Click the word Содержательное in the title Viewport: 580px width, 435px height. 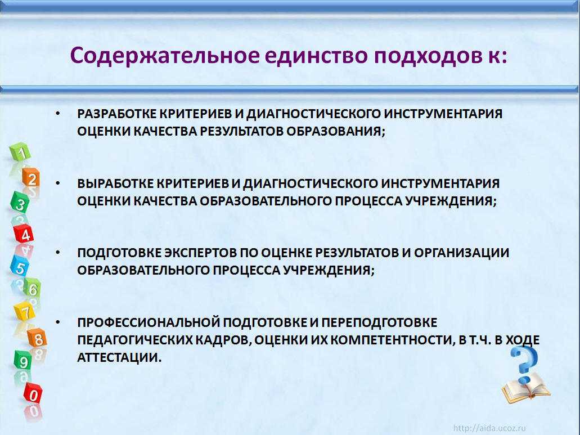tap(165, 56)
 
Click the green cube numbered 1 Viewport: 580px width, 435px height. tap(20, 151)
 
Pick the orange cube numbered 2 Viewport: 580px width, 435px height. tap(31, 178)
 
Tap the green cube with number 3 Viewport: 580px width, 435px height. tap(20, 203)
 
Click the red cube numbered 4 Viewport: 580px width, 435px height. tap(24, 234)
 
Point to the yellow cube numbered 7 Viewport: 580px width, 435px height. tap(25, 311)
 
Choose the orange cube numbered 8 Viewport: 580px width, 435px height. tap(37, 338)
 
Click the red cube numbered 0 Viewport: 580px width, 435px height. tap(33, 393)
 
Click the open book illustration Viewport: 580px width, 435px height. tap(526, 388)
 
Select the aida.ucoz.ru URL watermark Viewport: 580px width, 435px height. tap(489, 428)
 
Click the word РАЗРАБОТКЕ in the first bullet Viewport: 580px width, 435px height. tap(117, 114)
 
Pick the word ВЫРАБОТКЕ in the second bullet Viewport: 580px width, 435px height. tap(115, 183)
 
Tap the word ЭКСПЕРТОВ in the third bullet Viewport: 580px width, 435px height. tap(200, 253)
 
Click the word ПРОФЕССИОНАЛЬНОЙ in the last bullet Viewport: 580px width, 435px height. tap(149, 322)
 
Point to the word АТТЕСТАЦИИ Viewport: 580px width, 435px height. tap(119, 357)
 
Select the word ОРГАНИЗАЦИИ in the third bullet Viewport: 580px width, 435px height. tap(462, 253)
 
